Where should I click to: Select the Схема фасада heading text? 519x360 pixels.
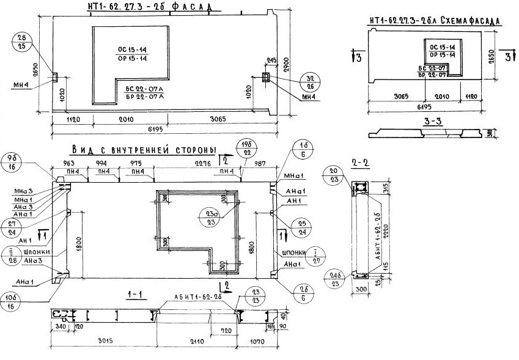(435, 21)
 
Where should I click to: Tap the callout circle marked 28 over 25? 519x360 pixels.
(22, 42)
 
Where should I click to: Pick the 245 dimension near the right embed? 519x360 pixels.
(271, 60)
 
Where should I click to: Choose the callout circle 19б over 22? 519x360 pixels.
(248, 147)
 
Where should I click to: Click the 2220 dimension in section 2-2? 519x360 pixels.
(386, 229)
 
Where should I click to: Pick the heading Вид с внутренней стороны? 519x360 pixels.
(144, 150)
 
